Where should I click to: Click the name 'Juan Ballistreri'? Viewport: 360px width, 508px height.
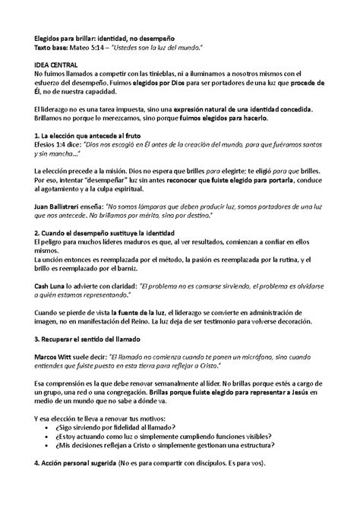click(62, 207)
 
